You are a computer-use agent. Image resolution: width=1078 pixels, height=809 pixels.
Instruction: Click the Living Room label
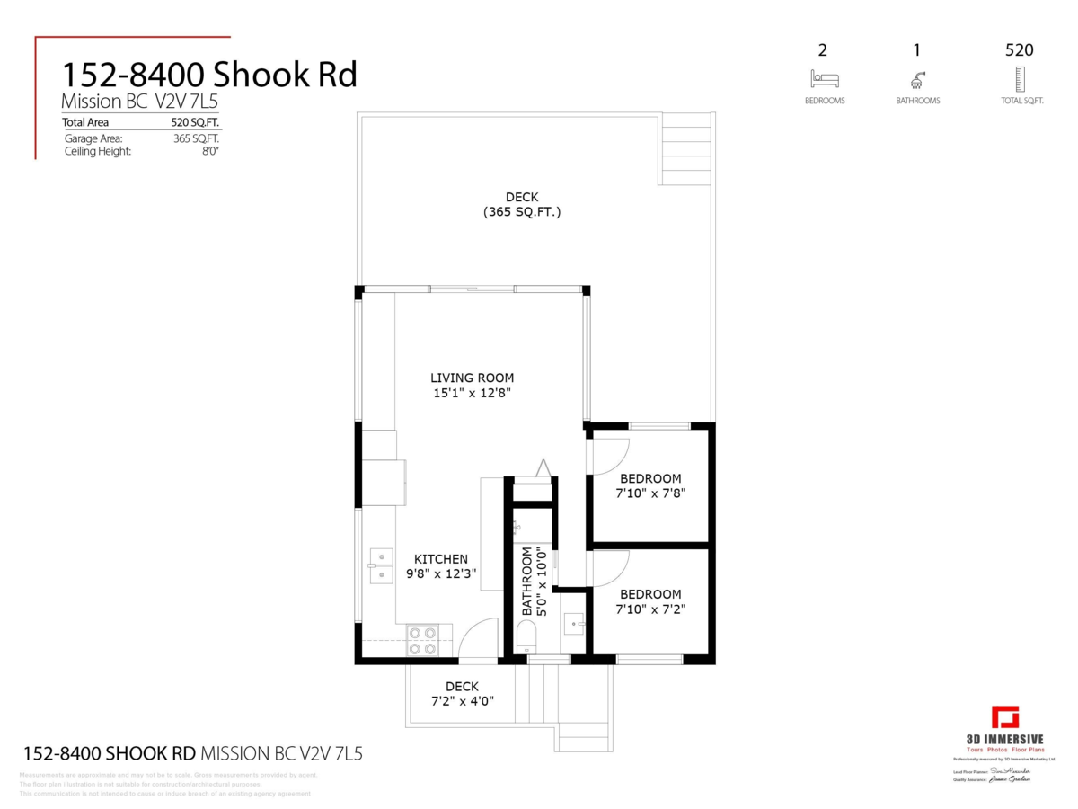(x=472, y=378)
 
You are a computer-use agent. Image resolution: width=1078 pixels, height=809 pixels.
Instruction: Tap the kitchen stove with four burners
(x=422, y=640)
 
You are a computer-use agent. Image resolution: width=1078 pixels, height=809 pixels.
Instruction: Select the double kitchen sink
(x=381, y=565)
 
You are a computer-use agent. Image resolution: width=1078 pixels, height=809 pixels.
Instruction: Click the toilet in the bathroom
(x=526, y=639)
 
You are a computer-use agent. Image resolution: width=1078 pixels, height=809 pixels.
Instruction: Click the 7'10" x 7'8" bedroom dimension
(x=650, y=494)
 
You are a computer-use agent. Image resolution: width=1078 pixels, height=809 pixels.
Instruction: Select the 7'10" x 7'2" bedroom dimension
(x=650, y=609)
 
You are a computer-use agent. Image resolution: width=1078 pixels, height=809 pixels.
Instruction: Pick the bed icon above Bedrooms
(x=824, y=78)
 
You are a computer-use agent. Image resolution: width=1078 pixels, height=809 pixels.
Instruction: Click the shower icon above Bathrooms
(x=917, y=79)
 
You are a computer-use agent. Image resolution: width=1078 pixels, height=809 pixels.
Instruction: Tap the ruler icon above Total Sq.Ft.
(x=1019, y=79)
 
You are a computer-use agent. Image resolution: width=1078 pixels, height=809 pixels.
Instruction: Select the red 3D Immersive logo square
(x=1005, y=719)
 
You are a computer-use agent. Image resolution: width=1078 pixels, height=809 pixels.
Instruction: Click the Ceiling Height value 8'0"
(x=210, y=152)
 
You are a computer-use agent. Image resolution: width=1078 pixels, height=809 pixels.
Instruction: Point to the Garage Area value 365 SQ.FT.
(x=196, y=138)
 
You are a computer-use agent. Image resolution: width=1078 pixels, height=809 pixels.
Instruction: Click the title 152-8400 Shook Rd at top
(x=208, y=75)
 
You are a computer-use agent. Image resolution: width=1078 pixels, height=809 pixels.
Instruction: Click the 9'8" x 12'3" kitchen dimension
(x=440, y=573)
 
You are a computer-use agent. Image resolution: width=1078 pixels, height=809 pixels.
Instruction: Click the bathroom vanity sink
(x=573, y=621)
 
